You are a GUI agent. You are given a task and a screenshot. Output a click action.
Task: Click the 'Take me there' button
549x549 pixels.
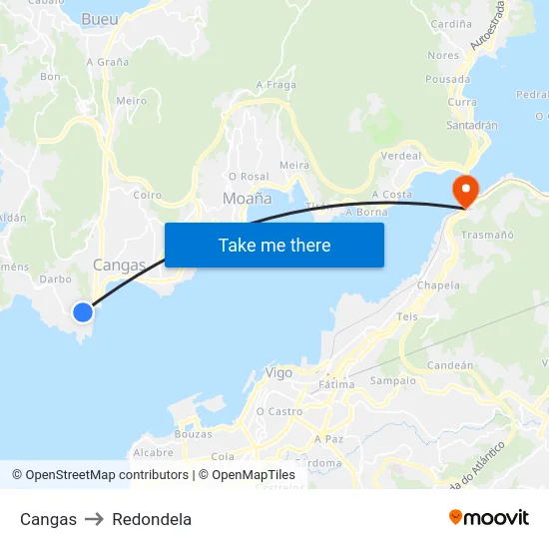274,245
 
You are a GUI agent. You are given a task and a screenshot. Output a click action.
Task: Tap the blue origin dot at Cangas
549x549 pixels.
83,312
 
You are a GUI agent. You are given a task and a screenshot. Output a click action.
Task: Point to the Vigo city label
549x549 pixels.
279,372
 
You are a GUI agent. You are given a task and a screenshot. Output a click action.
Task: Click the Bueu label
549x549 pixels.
99,19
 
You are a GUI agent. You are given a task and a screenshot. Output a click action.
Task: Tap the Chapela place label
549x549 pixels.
438,285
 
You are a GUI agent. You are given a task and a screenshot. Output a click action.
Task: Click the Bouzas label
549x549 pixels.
193,434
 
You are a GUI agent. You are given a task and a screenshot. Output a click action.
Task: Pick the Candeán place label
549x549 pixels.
449,365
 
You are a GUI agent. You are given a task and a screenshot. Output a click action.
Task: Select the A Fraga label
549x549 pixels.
276,85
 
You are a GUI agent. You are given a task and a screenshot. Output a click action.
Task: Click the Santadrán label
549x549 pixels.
472,126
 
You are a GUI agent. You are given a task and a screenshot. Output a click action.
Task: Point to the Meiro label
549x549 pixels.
131,101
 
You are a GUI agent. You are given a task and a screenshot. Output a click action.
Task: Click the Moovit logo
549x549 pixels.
489,518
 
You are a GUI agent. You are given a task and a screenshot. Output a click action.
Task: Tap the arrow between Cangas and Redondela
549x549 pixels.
94,519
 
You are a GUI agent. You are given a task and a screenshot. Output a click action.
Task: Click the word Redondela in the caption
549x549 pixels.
152,519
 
